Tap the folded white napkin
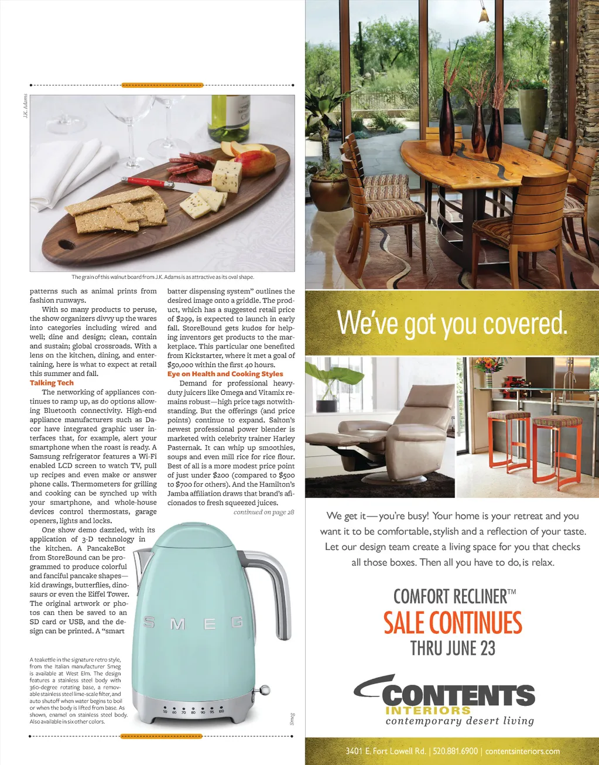click(82, 167)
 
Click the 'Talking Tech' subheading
click(52, 383)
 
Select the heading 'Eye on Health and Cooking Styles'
click(225, 374)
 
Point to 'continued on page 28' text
click(263, 513)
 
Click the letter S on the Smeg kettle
click(149, 623)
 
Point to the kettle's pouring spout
click(138, 562)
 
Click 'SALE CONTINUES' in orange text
click(453, 623)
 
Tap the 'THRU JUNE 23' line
click(453, 648)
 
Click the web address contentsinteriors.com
click(522, 751)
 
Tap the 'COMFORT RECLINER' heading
click(454, 597)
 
